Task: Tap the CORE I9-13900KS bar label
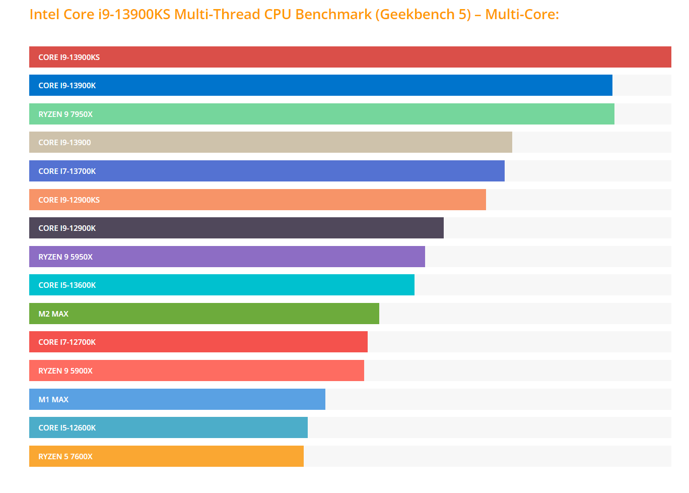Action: coord(69,57)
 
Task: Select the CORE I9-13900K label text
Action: coord(67,86)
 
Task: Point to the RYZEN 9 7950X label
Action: coord(65,114)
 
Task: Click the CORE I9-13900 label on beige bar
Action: coord(64,143)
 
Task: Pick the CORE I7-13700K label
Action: coord(67,171)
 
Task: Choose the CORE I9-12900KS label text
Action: coord(69,200)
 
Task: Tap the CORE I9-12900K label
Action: coord(67,228)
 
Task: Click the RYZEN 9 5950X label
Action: coord(65,257)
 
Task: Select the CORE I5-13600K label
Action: coord(67,285)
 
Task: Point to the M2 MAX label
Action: coord(53,314)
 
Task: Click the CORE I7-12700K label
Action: coord(67,342)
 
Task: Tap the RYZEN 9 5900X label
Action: coord(65,371)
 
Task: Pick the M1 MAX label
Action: coord(53,400)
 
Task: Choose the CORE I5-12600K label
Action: coord(67,428)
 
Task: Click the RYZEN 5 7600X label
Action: coord(65,457)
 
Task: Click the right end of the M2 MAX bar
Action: coord(377,314)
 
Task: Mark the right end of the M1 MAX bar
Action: coord(323,400)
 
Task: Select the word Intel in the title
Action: coord(44,15)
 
